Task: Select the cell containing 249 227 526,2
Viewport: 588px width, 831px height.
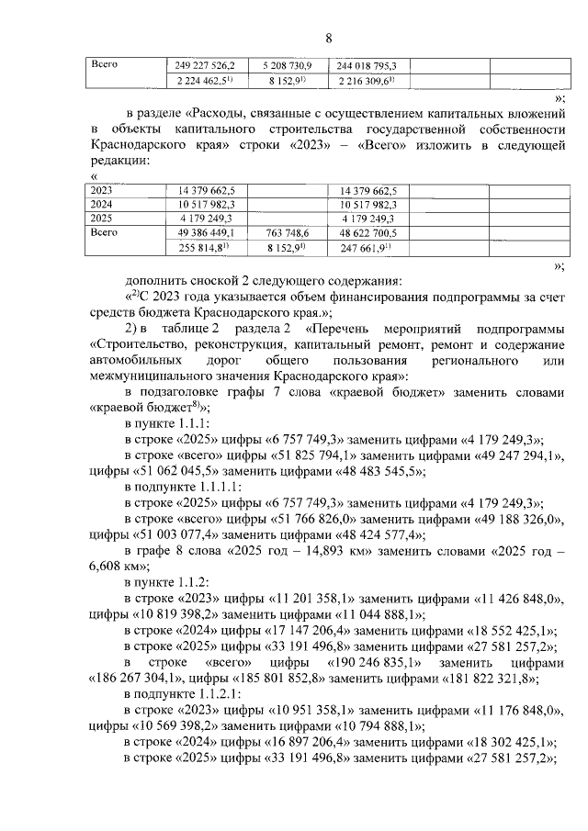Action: pos(205,66)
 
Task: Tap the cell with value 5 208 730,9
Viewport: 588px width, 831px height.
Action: pos(288,66)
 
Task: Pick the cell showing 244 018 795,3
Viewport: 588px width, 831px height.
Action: pos(367,66)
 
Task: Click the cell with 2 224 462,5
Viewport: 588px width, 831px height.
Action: pos(205,81)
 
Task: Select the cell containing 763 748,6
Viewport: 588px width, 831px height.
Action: pos(288,233)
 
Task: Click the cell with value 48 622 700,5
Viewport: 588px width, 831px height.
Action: pos(367,233)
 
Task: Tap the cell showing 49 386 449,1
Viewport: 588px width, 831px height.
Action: pos(205,233)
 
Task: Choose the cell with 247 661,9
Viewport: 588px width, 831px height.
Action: pos(367,248)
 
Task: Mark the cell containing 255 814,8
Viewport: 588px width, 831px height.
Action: pos(205,248)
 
